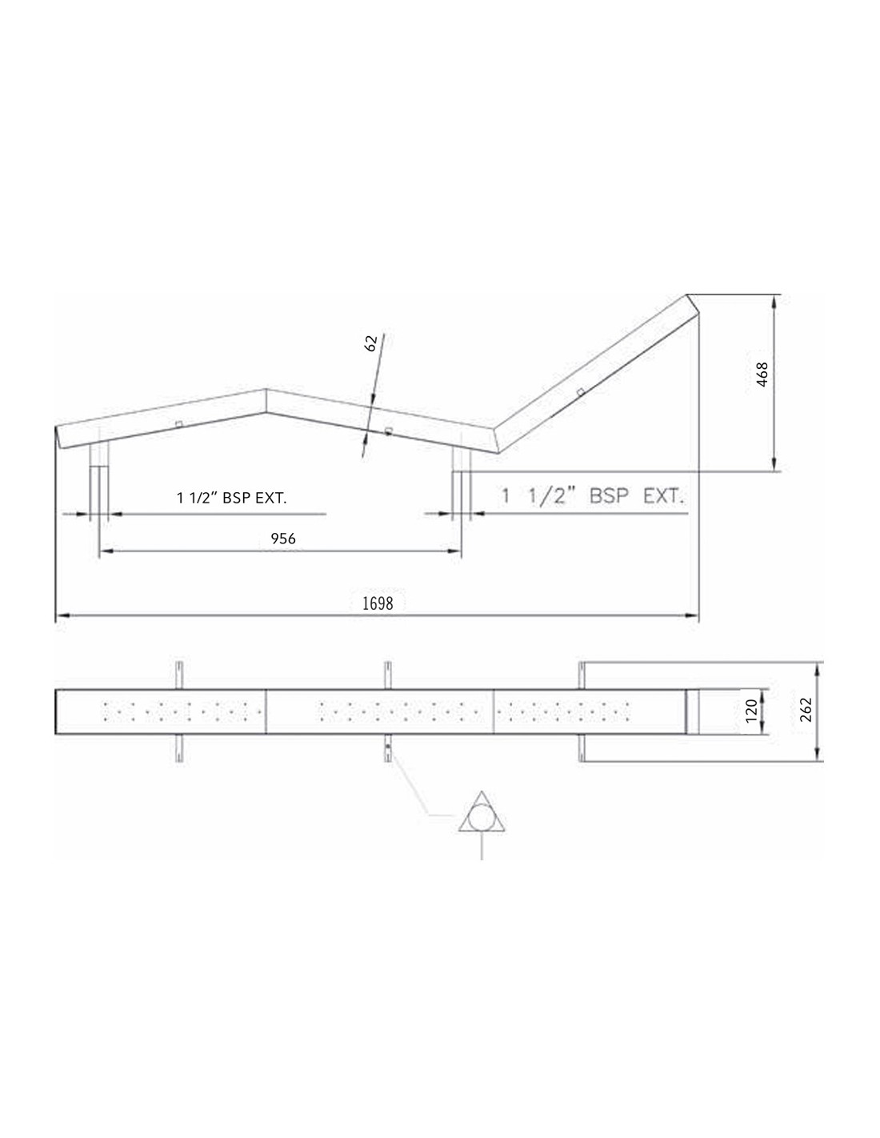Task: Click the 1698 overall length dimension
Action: (378, 604)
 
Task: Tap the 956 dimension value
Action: (283, 539)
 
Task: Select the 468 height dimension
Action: (762, 375)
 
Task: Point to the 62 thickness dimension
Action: (371, 343)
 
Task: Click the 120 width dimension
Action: (750, 711)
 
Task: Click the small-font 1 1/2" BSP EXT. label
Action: (232, 498)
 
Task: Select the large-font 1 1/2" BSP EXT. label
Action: (593, 495)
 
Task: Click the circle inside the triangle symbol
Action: (482, 819)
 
